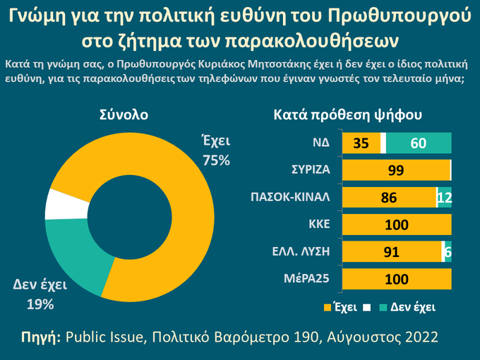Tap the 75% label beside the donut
click(216, 160)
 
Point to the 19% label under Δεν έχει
click(40, 305)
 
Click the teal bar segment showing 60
click(419, 143)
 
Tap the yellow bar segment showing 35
click(361, 143)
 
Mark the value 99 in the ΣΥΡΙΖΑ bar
click(396, 170)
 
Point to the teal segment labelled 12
click(445, 198)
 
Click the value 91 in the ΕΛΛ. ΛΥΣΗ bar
click(392, 252)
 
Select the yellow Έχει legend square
click(327, 307)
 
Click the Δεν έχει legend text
click(413, 307)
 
